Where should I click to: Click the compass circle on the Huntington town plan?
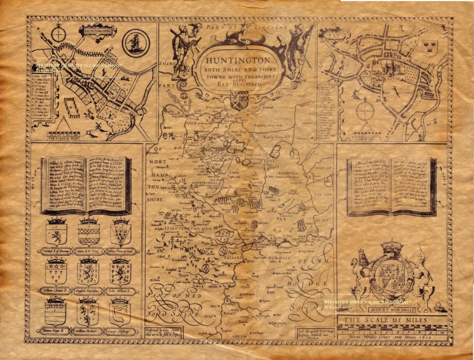point(59,34)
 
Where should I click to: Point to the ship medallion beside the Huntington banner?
point(134,42)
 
